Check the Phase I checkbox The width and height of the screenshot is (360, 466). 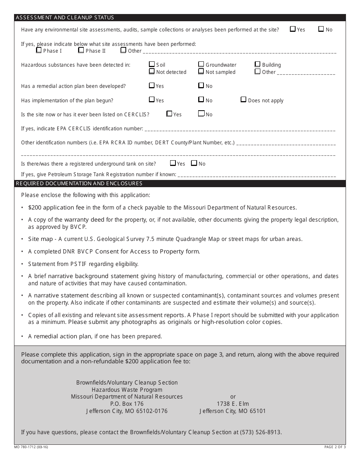click(39, 50)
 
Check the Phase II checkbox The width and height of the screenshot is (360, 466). click(81, 50)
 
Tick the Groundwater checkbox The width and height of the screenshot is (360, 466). click(201, 64)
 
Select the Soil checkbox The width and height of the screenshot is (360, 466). click(152, 64)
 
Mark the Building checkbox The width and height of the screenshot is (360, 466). click(258, 64)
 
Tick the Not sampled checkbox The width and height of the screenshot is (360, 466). click(201, 71)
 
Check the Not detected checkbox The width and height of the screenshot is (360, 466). click(152, 71)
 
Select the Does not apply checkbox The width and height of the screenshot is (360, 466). click(244, 100)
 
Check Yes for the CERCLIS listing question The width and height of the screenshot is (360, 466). click(169, 114)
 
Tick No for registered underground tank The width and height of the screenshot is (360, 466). click(194, 163)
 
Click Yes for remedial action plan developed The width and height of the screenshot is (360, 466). click(152, 86)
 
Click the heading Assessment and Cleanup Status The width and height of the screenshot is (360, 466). click(64, 17)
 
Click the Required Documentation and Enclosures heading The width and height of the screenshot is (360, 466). click(79, 183)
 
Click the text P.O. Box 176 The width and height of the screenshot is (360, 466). click(127, 404)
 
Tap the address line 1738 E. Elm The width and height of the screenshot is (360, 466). click(233, 404)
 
